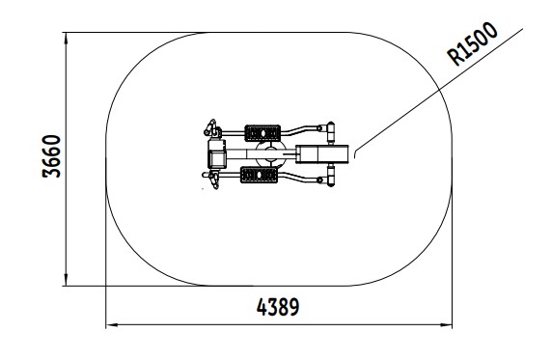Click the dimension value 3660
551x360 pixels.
[x=51, y=156]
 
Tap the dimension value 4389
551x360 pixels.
[x=278, y=307]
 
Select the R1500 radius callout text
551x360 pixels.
[x=472, y=43]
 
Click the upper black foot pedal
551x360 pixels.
[x=262, y=133]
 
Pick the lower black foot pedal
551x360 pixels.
[x=259, y=175]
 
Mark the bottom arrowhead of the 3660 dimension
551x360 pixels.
[x=66, y=280]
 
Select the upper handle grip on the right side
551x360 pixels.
[x=331, y=132]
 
